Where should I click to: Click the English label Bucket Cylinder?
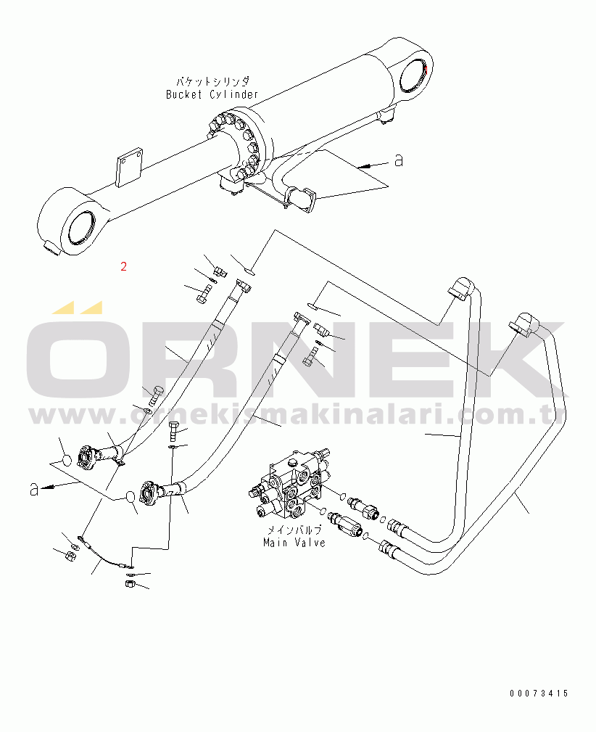(x=212, y=94)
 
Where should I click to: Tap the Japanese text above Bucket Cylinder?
(x=212, y=82)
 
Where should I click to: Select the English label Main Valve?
(x=294, y=542)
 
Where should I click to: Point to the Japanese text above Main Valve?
(x=294, y=530)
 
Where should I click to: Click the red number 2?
(x=124, y=266)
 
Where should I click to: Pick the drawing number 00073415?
(x=538, y=694)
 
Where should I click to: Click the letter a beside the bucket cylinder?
(x=398, y=160)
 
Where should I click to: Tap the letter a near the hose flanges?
(x=33, y=490)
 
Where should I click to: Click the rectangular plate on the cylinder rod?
(x=129, y=168)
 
